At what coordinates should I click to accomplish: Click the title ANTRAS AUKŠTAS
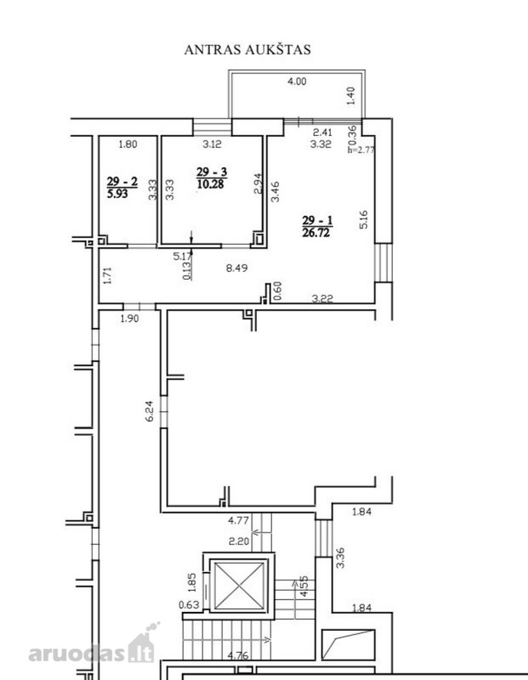[248, 49]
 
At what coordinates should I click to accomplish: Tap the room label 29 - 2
[122, 181]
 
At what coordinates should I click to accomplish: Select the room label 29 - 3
[212, 172]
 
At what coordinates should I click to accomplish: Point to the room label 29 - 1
[317, 221]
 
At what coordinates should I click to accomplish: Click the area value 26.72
[316, 233]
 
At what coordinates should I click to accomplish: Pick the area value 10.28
[210, 184]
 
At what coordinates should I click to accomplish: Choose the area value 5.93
[118, 193]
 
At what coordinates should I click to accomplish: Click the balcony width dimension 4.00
[297, 81]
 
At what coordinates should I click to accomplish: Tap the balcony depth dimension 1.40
[351, 95]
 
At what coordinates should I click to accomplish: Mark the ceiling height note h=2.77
[361, 150]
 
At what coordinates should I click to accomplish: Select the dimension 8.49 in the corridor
[237, 268]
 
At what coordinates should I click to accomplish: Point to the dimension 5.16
[363, 219]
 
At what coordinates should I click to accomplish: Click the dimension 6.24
[150, 411]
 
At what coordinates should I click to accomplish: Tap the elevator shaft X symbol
[239, 586]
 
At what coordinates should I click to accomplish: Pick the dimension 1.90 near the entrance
[130, 318]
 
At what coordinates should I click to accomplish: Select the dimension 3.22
[323, 298]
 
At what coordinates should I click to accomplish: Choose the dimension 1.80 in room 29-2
[128, 144]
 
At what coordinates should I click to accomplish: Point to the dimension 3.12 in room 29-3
[212, 144]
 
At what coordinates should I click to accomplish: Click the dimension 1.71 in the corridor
[108, 275]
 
